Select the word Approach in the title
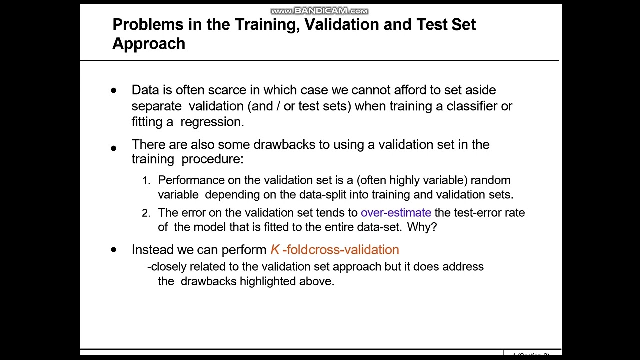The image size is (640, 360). [149, 44]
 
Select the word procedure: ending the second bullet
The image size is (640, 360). [212, 159]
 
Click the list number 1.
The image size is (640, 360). [146, 181]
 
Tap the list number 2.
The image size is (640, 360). [146, 213]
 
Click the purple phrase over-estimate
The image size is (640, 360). [396, 213]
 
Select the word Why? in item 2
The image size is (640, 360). [422, 227]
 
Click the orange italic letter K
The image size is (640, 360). [275, 250]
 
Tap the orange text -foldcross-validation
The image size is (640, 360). [340, 250]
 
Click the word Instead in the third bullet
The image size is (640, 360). [150, 250]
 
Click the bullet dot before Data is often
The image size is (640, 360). [114, 91]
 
